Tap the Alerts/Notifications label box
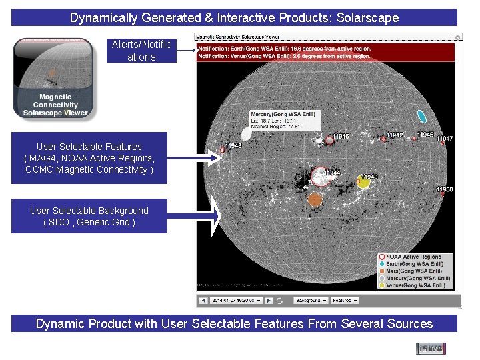click(141, 51)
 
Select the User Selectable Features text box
click(89, 158)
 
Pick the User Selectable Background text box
click(89, 216)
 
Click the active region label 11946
click(341, 137)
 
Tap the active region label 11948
click(233, 146)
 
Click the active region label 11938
click(445, 189)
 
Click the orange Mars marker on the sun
click(315, 198)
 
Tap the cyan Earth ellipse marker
click(421, 115)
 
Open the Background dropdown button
click(311, 301)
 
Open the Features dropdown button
click(345, 301)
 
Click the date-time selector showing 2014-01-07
click(235, 301)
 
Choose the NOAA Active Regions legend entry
click(413, 257)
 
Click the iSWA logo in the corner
click(430, 348)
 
